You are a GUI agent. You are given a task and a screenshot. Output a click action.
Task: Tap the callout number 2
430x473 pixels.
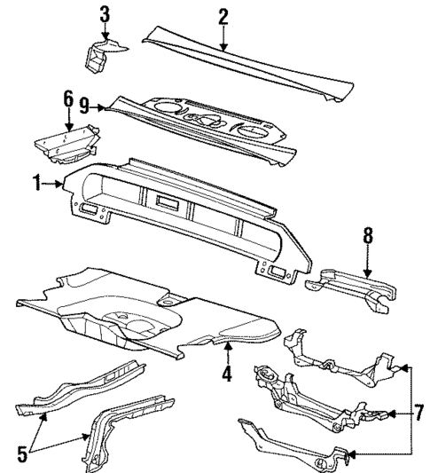point(223,15)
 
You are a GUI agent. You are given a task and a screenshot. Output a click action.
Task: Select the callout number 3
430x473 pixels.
point(105,14)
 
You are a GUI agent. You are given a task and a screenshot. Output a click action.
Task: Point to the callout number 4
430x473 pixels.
point(227,374)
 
